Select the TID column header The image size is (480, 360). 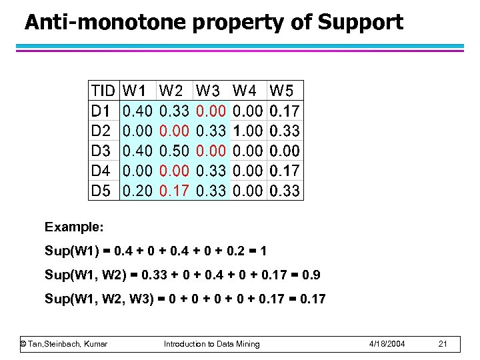click(103, 90)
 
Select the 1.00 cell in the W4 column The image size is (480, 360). click(248, 130)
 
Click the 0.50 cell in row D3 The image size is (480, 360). click(174, 151)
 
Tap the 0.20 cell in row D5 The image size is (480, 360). click(138, 191)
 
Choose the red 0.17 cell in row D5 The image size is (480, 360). click(174, 191)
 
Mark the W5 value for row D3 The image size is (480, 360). click(285, 151)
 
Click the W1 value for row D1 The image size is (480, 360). click(138, 110)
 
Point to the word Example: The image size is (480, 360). click(74, 227)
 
